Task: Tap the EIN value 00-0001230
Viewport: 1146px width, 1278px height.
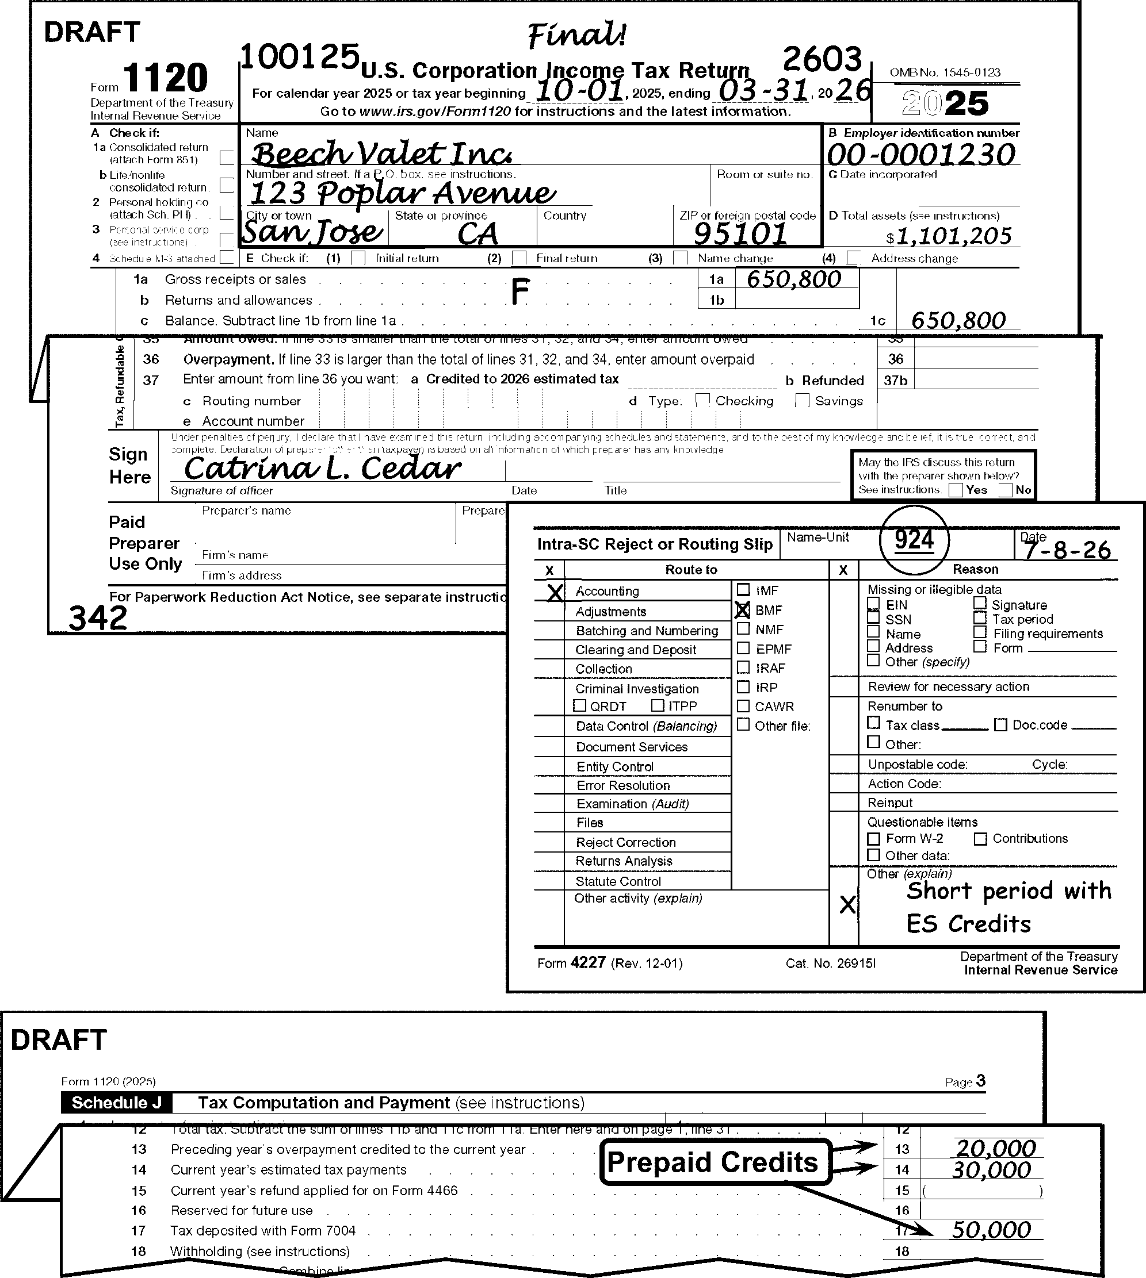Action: coord(921,155)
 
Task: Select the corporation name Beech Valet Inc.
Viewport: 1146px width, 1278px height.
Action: coord(381,153)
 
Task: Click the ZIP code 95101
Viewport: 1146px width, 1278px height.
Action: coord(740,234)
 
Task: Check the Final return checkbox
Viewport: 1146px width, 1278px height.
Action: coord(519,258)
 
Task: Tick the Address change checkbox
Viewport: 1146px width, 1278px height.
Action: coord(854,258)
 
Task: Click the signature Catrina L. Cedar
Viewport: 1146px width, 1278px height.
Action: coord(322,468)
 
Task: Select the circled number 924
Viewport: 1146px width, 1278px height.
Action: coord(914,540)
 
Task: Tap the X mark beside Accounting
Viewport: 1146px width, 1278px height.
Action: coord(555,592)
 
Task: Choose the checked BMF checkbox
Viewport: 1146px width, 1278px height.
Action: coord(744,610)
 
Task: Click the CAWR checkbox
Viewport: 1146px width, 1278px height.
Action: coord(744,706)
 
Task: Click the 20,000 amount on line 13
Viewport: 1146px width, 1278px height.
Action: coord(995,1149)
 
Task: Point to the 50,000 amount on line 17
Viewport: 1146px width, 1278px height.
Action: coord(991,1230)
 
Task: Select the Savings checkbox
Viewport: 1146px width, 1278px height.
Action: coord(802,401)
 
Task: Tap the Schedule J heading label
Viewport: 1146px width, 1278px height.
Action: coord(116,1103)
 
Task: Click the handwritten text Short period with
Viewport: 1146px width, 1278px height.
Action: coord(1009,891)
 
